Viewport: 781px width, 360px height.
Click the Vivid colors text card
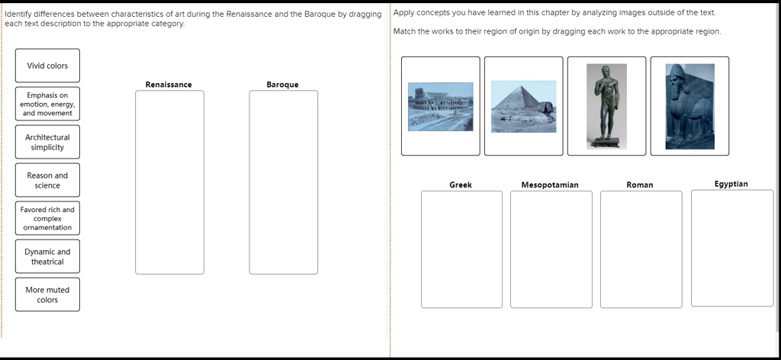47,66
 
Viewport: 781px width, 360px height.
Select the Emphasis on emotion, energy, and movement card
47,104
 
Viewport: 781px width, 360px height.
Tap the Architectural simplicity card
47,143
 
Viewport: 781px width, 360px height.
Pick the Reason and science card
47,181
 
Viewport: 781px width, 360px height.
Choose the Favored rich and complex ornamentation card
47,218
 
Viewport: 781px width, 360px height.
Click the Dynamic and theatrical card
47,257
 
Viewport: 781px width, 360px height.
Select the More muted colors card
47,295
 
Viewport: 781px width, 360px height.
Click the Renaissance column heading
169,85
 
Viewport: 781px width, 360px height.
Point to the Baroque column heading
282,85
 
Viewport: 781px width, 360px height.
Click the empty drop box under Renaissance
169,182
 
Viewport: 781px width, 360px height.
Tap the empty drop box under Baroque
283,182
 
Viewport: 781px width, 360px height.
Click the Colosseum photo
440,106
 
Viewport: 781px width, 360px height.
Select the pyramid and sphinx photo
523,106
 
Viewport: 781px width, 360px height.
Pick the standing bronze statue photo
606,106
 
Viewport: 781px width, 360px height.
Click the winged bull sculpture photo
689,106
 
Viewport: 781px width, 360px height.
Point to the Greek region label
461,185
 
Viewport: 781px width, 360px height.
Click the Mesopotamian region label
550,185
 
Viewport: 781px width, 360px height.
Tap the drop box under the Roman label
641,249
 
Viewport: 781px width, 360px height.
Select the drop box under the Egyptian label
731,248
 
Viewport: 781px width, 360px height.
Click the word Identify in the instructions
19,14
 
